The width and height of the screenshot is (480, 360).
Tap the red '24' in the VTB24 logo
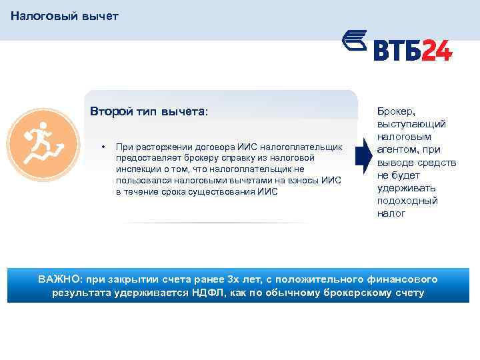[436, 51]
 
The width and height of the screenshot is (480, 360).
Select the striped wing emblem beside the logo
[355, 42]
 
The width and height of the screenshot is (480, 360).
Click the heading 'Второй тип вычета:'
[149, 112]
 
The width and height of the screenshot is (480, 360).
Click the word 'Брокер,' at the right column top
[396, 112]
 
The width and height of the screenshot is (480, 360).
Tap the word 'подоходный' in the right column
[407, 201]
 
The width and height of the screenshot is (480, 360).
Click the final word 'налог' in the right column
[391, 213]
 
